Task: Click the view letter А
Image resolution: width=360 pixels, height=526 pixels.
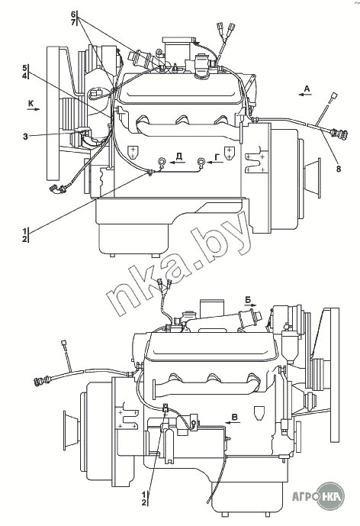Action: pos(307,89)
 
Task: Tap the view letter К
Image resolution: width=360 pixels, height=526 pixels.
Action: pos(31,104)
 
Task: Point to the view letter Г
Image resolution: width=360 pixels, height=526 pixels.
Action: pos(217,157)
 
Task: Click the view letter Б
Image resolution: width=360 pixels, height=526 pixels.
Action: pos(248,299)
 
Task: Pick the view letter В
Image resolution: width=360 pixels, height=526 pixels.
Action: pos(235,417)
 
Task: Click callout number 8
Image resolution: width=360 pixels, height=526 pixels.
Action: pos(339,169)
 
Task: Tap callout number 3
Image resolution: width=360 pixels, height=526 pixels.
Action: pos(25,137)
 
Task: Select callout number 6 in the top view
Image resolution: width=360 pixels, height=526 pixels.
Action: pos(72,14)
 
